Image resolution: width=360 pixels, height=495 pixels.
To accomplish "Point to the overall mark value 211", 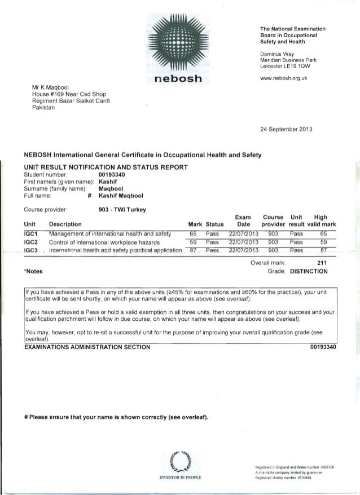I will pos(323,262).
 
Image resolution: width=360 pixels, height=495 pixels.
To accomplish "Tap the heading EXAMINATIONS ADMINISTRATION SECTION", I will pos(87,347).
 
